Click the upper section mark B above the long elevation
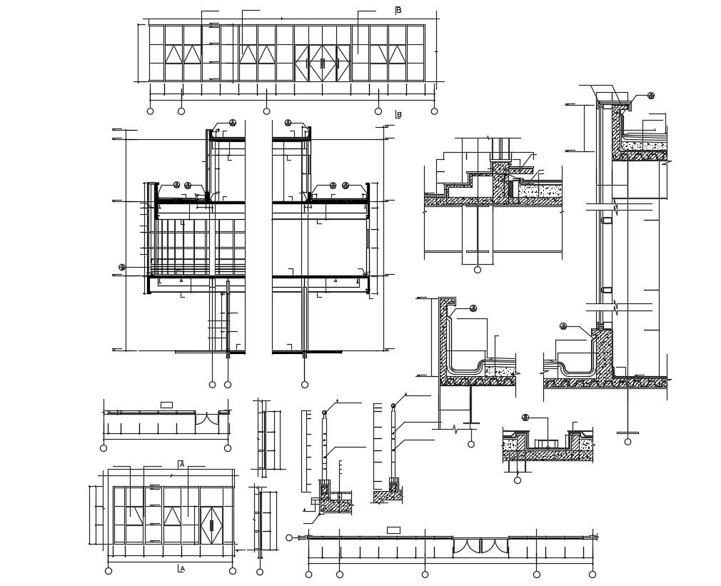click(x=398, y=10)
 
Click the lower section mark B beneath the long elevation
click(x=398, y=114)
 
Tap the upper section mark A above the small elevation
click(x=181, y=464)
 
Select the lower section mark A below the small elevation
click(x=181, y=569)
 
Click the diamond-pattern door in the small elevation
click(x=211, y=525)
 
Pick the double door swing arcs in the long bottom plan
click(x=480, y=547)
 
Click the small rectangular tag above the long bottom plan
click(x=393, y=530)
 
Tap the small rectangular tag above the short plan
click(x=166, y=405)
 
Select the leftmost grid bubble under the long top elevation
click(x=150, y=111)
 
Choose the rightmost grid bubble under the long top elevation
click(x=434, y=111)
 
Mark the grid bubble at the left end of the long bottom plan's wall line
click(x=289, y=537)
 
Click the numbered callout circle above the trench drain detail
click(x=525, y=418)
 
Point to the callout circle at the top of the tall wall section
click(x=651, y=96)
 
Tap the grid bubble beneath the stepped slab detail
click(x=478, y=270)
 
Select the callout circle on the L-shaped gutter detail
click(x=473, y=308)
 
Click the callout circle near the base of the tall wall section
click(x=563, y=326)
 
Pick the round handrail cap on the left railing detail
click(x=324, y=413)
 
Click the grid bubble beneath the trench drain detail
click(x=518, y=480)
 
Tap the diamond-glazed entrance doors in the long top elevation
click(x=322, y=63)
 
